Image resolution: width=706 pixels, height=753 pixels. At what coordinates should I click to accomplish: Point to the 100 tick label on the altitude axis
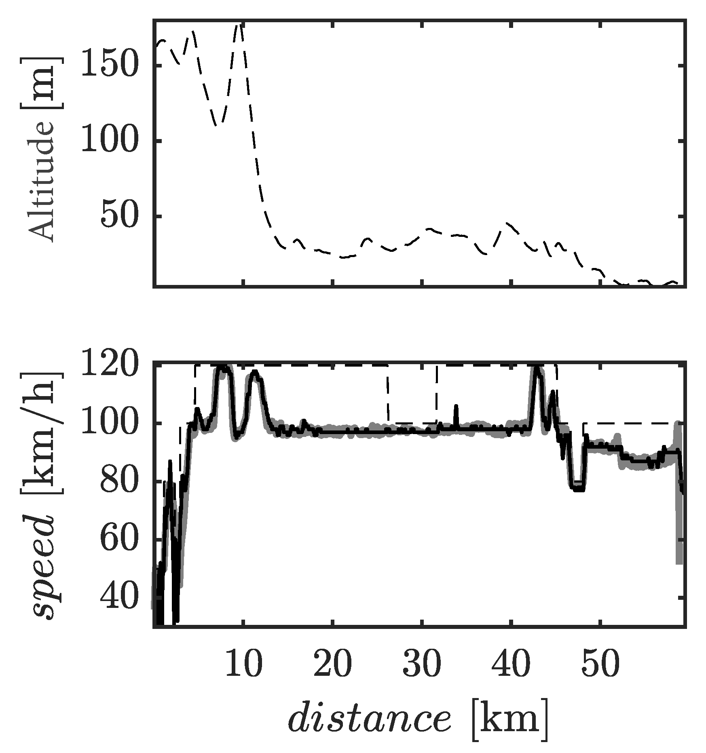(x=108, y=141)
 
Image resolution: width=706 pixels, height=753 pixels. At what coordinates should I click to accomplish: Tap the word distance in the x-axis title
(x=369, y=720)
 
